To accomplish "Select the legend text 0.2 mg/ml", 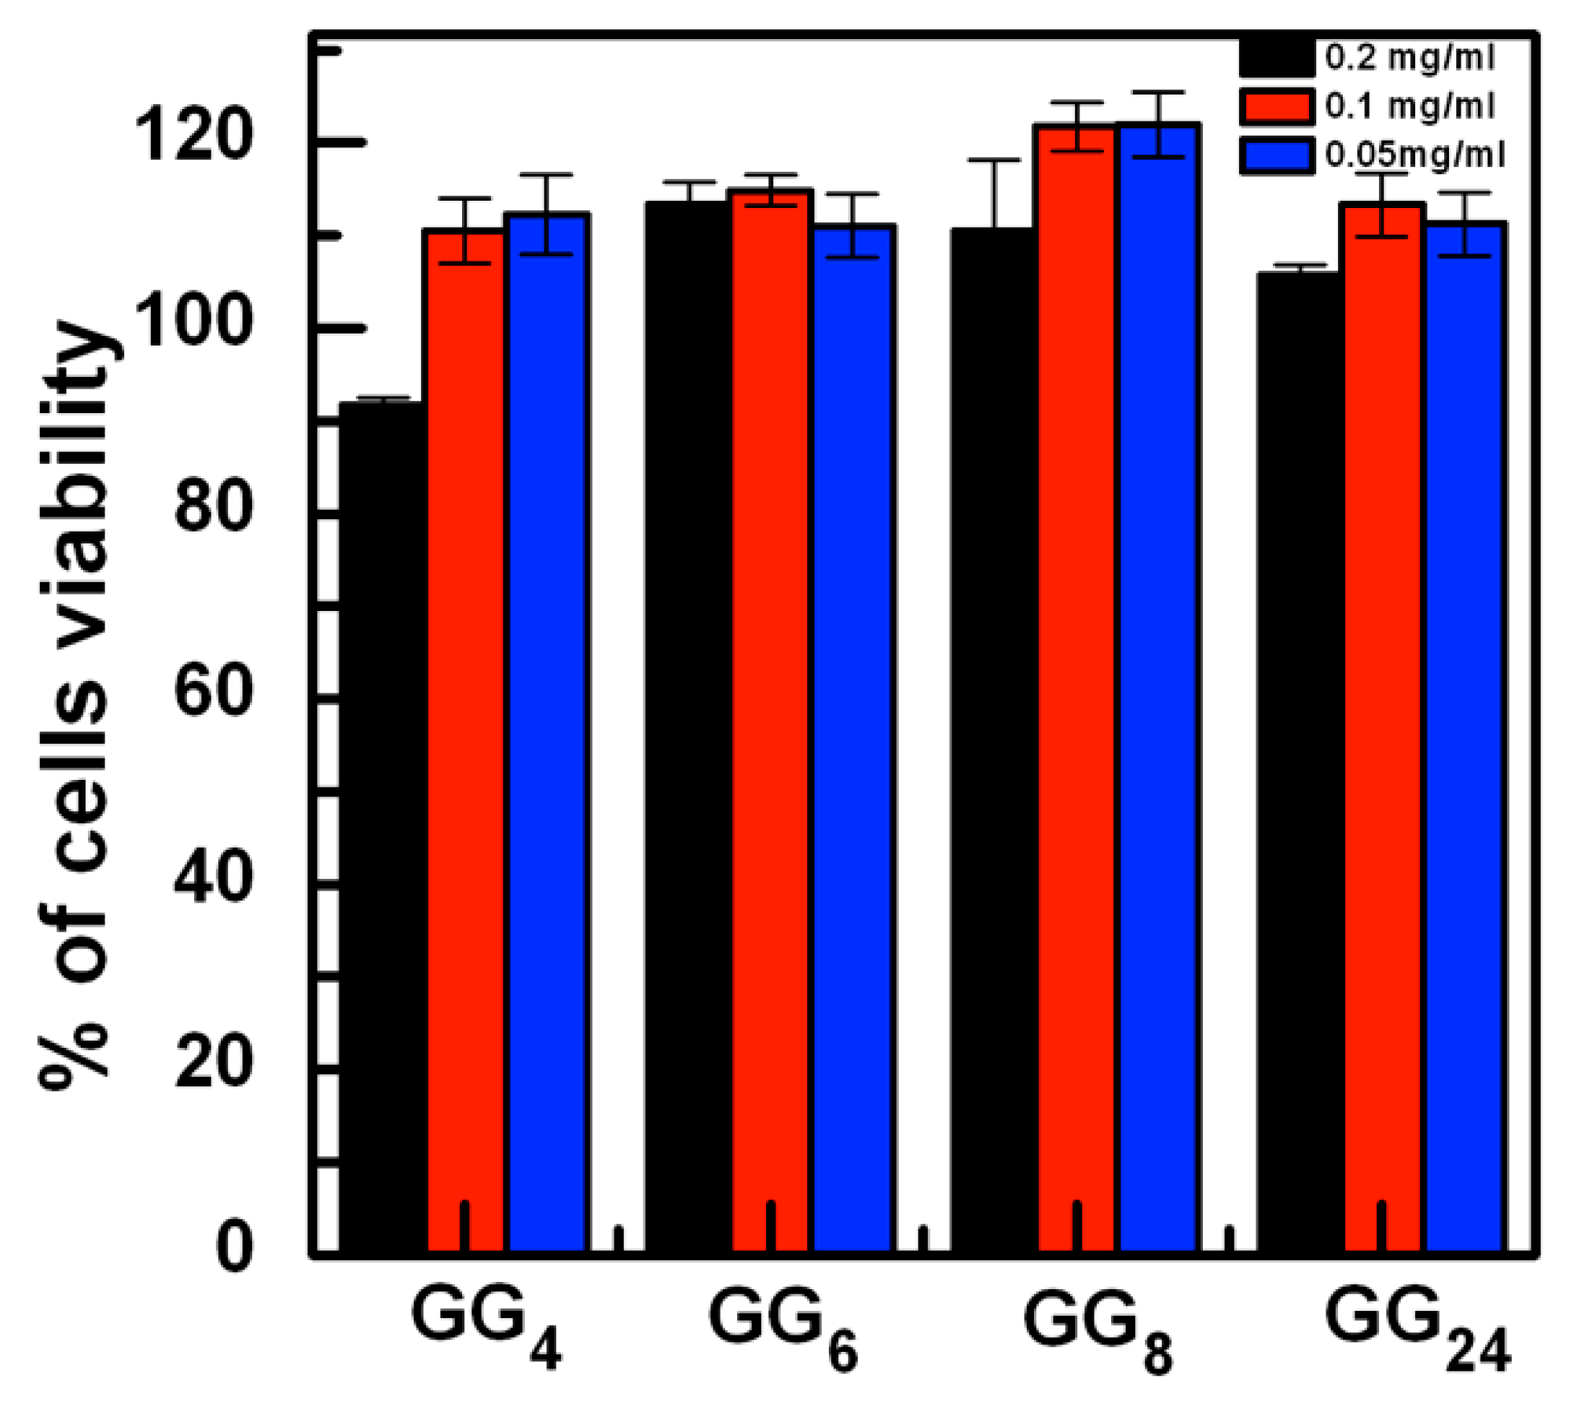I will tap(1409, 58).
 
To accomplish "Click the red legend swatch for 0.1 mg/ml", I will tap(1277, 106).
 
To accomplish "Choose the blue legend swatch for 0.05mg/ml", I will tap(1277, 155).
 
